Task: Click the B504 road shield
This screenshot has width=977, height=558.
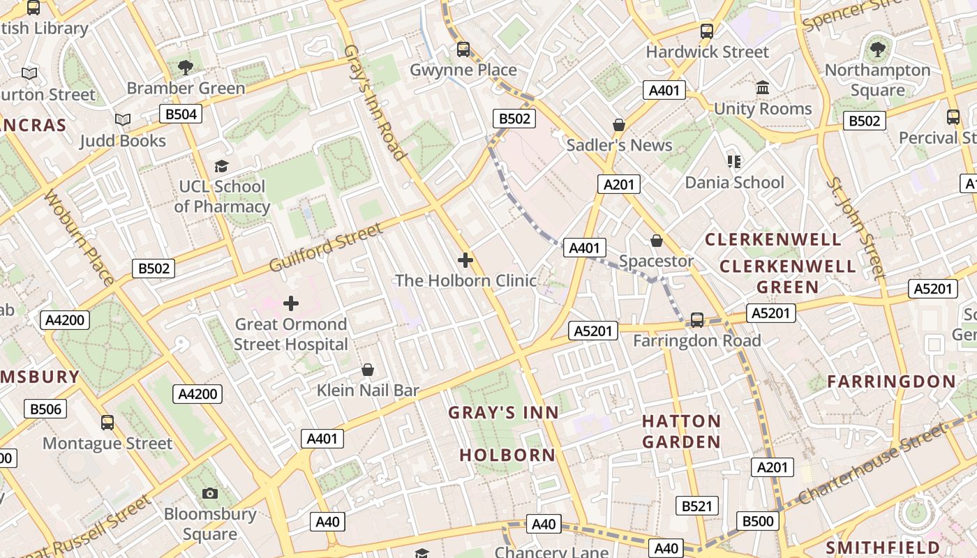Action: pyautogui.click(x=181, y=114)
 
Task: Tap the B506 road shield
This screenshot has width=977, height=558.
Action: pyautogui.click(x=45, y=409)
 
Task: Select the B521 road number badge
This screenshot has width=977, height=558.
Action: pyautogui.click(x=696, y=506)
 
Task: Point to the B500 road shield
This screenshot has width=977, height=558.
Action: pyautogui.click(x=758, y=520)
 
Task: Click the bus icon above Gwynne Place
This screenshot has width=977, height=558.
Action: pyautogui.click(x=463, y=50)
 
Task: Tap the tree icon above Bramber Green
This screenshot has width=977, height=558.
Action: pyautogui.click(x=186, y=67)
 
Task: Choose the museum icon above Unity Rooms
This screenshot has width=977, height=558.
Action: pyautogui.click(x=763, y=88)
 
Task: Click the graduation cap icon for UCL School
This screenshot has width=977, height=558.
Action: pyautogui.click(x=222, y=166)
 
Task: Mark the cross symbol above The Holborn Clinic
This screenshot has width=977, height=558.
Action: pyautogui.click(x=465, y=260)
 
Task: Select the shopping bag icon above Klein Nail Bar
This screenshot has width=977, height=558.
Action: pyautogui.click(x=368, y=370)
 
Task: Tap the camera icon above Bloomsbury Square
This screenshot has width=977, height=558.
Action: pyautogui.click(x=210, y=493)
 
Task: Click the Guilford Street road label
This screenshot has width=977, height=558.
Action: pyautogui.click(x=326, y=248)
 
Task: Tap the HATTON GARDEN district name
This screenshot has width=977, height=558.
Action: pyautogui.click(x=681, y=431)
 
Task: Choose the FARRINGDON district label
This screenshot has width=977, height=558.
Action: pyautogui.click(x=891, y=382)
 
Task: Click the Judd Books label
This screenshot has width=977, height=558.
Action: pyautogui.click(x=123, y=140)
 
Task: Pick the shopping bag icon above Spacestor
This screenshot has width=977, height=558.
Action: pyautogui.click(x=657, y=241)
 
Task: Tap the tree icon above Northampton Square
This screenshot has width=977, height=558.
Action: pyautogui.click(x=877, y=50)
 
